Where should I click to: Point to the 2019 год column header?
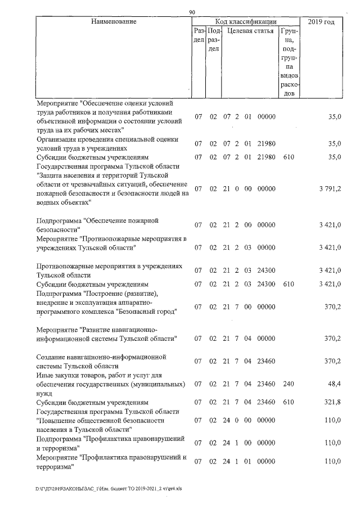click(x=322, y=21)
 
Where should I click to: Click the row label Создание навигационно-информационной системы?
click(x=102, y=361)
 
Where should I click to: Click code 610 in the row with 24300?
click(x=289, y=285)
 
